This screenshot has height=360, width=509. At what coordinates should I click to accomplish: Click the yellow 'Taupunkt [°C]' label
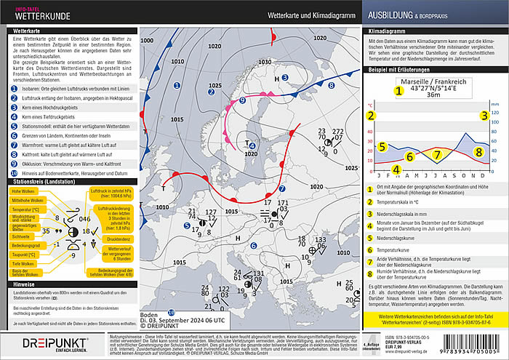(25, 255)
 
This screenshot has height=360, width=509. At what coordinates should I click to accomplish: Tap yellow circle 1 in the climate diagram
(398, 92)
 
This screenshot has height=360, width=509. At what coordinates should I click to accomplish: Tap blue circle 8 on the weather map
(331, 85)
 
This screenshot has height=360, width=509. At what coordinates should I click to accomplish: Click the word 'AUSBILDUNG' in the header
(396, 14)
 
